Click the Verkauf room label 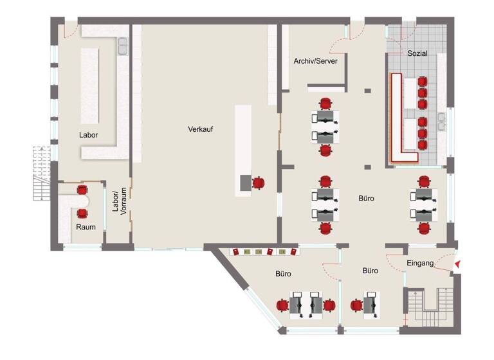tap(201, 129)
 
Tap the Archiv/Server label tap(315, 61)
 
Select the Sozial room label tap(417, 53)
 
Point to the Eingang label tap(420, 263)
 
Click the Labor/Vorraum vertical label tap(120, 201)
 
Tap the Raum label tap(86, 227)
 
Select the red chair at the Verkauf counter tap(259, 183)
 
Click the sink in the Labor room tap(123, 46)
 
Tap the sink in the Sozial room tap(442, 122)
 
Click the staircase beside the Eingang tap(429, 309)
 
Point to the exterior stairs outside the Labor tap(42, 173)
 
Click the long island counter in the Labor tap(90, 85)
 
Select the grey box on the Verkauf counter tap(246, 183)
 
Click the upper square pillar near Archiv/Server tap(368, 91)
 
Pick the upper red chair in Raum tap(82, 190)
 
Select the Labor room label tap(88, 135)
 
